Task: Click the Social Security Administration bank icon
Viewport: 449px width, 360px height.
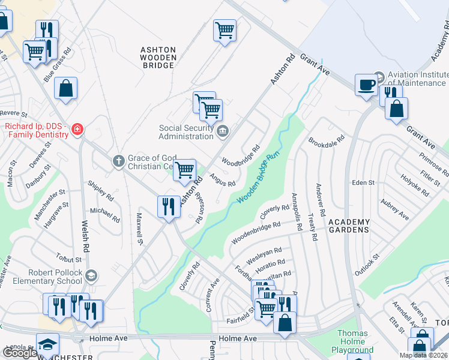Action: point(222,131)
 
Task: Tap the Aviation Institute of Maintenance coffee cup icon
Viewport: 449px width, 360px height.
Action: point(366,85)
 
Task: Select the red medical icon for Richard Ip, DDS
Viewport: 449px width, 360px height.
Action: point(77,130)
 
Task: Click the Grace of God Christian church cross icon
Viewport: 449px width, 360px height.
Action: point(118,161)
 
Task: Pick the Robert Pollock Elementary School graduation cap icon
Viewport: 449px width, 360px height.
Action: point(91,276)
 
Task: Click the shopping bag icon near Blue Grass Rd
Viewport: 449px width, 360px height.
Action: point(66,88)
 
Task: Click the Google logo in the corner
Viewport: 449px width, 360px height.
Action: point(20,353)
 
